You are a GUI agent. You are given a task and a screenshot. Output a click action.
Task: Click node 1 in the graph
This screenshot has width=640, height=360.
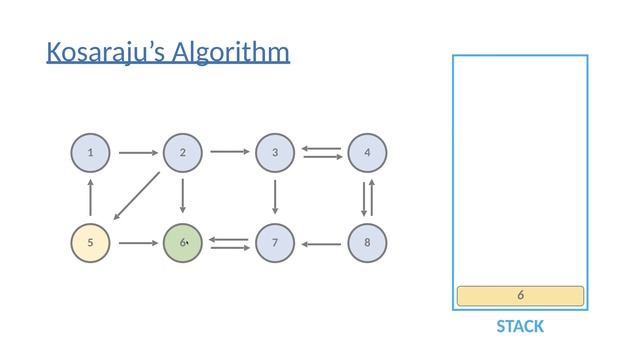click(x=90, y=153)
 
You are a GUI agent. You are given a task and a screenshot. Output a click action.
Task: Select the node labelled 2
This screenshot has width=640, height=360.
click(x=182, y=153)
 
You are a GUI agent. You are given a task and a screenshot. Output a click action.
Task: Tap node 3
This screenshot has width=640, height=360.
click(x=275, y=153)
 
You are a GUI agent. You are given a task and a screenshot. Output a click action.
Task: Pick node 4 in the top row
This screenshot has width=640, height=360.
click(x=368, y=153)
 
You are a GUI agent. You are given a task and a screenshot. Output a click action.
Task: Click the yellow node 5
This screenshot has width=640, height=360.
click(x=90, y=243)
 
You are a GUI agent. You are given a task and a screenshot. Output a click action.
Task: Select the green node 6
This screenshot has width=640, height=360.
click(x=182, y=243)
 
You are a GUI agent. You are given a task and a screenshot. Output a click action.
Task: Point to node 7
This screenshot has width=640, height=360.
click(x=275, y=243)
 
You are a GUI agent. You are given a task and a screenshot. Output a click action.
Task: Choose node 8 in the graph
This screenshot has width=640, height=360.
click(x=368, y=243)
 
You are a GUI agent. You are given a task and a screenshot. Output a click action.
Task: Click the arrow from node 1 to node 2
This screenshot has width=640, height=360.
click(x=137, y=153)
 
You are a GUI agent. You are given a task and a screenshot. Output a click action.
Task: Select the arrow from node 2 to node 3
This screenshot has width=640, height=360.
click(x=229, y=153)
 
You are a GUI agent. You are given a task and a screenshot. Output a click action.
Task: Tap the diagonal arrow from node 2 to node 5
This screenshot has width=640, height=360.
click(x=136, y=195)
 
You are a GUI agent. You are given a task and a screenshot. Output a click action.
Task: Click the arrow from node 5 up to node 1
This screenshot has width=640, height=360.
click(x=90, y=198)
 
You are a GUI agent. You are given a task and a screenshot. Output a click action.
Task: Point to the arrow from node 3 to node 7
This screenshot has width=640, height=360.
click(x=275, y=198)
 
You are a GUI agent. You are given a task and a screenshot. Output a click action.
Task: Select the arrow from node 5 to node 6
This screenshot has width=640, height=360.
click(x=137, y=243)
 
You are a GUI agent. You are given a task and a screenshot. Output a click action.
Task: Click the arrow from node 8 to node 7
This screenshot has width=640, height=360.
click(x=322, y=243)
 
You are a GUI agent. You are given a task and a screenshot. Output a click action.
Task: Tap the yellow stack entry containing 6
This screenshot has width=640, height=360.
click(x=520, y=296)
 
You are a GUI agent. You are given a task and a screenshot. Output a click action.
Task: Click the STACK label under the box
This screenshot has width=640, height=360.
click(x=520, y=327)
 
